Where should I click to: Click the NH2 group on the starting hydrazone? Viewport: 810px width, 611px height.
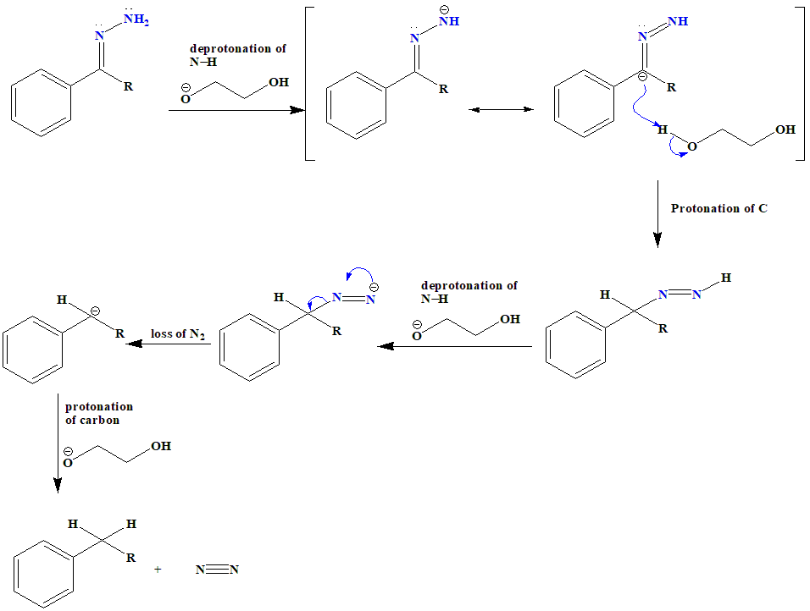[136, 19]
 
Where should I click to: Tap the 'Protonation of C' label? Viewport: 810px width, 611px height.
[718, 208]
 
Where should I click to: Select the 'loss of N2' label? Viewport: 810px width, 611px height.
[178, 334]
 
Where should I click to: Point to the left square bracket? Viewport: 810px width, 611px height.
[308, 82]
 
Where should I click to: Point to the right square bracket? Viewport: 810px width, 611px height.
[800, 82]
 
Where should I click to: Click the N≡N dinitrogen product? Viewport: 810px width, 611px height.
[217, 570]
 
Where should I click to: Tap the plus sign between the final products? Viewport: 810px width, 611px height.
[158, 570]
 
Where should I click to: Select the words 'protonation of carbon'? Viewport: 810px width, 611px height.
[98, 413]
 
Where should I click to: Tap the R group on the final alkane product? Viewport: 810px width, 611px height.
[130, 558]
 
